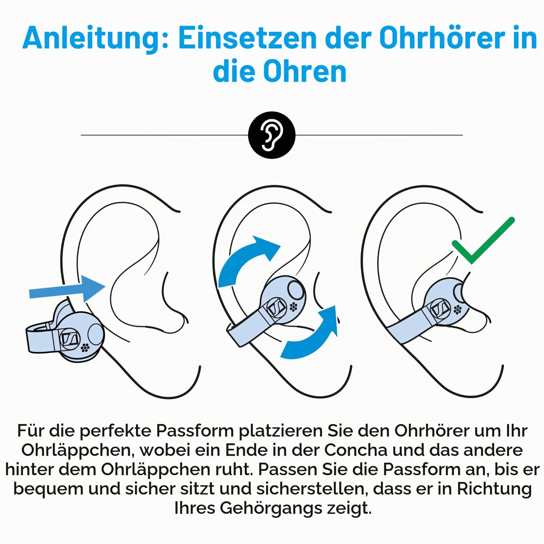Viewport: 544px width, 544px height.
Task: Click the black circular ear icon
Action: pyautogui.click(x=272, y=135)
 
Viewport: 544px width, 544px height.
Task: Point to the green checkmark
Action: pyautogui.click(x=483, y=241)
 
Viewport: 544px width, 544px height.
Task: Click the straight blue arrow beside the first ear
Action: pyautogui.click(x=67, y=289)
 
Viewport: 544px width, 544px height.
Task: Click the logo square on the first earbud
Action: pyautogui.click(x=69, y=338)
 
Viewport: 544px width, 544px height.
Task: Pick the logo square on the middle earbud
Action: pyautogui.click(x=276, y=308)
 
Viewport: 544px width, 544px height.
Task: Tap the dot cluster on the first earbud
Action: pyautogui.click(x=85, y=348)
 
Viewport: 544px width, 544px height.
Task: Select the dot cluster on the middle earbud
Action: pyautogui.click(x=294, y=307)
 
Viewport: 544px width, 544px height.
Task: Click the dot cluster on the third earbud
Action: pyautogui.click(x=458, y=309)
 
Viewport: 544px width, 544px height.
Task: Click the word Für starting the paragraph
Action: pyautogui.click(x=31, y=431)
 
